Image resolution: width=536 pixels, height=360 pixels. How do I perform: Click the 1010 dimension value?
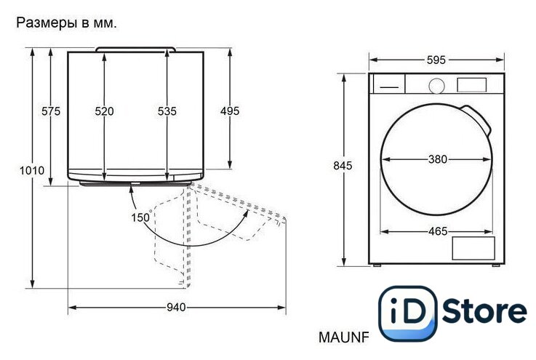tap(32, 170)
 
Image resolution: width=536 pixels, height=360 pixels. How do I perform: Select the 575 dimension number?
tap(51, 111)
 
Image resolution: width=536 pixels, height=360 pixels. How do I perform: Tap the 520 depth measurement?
tap(104, 111)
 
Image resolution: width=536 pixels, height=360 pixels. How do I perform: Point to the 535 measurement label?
tap(167, 111)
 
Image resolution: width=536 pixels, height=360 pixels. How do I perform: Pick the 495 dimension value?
tap(230, 111)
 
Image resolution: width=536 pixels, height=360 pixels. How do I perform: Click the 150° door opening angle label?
tap(141, 217)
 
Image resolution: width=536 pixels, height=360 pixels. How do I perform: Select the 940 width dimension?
tap(177, 308)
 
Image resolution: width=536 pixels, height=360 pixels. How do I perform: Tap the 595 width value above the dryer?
tap(436, 60)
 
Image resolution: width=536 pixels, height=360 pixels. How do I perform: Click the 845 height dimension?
tap(343, 166)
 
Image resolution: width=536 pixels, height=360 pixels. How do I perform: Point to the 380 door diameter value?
tap(438, 159)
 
